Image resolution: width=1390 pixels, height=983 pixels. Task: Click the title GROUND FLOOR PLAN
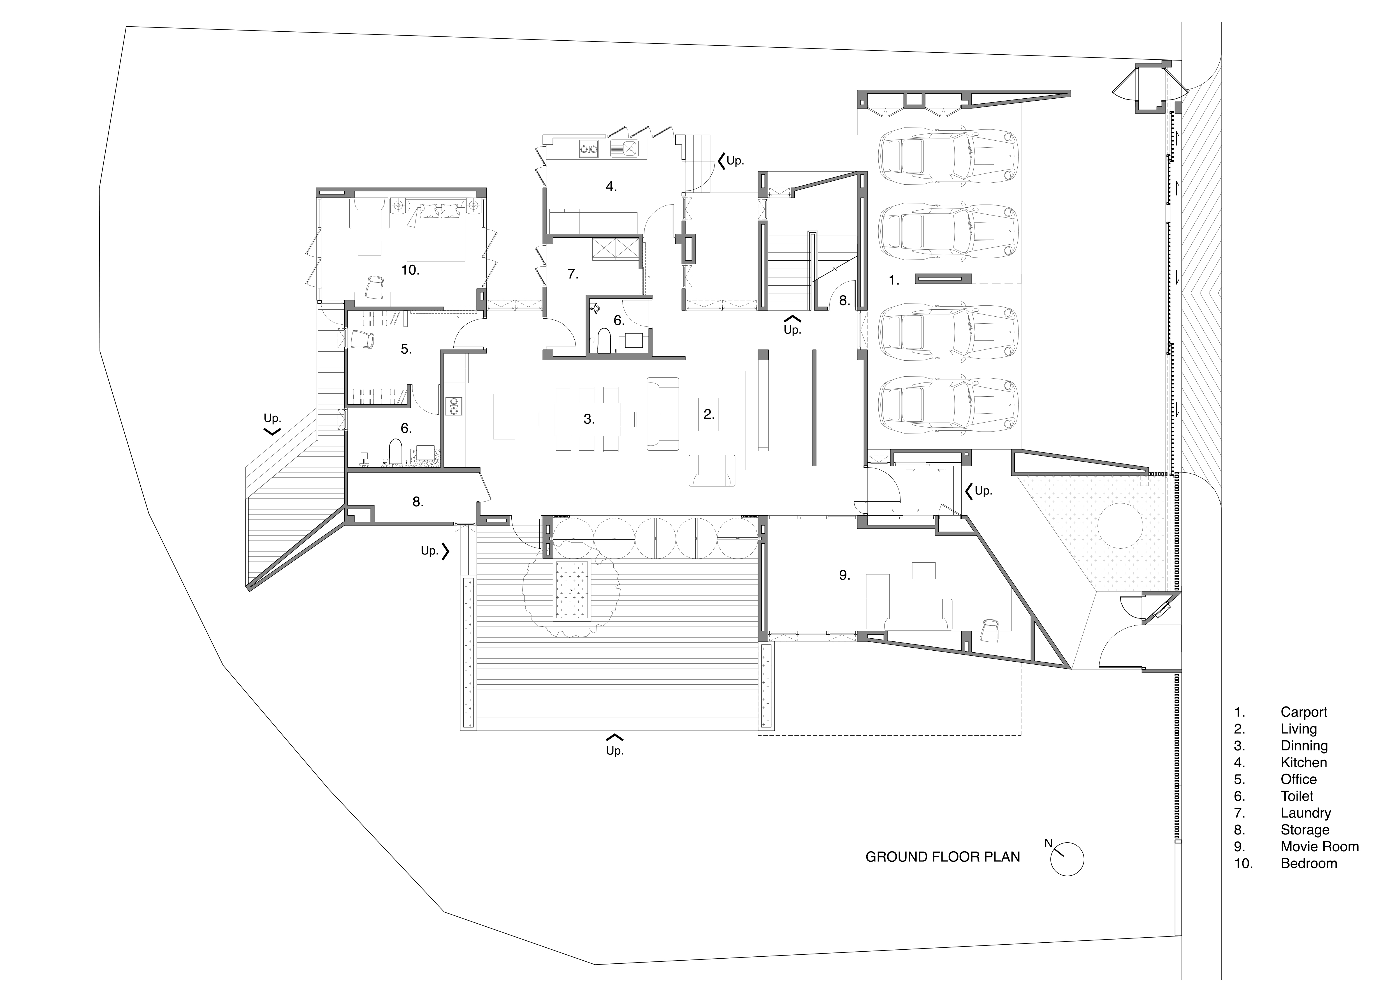coord(943,857)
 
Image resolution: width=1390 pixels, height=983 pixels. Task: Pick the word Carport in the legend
coord(1304,712)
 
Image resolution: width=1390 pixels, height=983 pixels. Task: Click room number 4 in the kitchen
coord(611,186)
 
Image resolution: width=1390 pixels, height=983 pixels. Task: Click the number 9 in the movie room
coord(844,575)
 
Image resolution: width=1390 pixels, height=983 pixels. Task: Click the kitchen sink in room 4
coord(624,148)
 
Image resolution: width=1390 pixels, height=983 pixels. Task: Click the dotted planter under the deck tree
coord(572,590)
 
